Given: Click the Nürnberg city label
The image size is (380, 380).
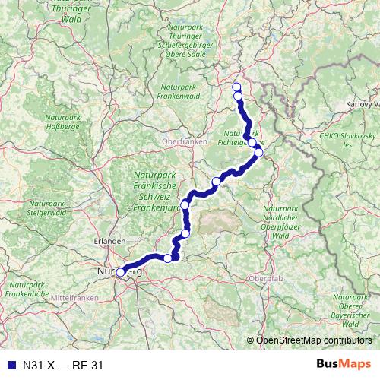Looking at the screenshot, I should [115, 270].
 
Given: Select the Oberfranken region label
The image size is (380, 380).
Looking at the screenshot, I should [179, 141].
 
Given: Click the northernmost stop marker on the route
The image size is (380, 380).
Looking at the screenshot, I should [236, 86].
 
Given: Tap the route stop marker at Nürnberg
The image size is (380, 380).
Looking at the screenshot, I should [121, 272].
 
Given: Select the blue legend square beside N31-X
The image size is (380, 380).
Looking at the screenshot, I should [8, 365].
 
